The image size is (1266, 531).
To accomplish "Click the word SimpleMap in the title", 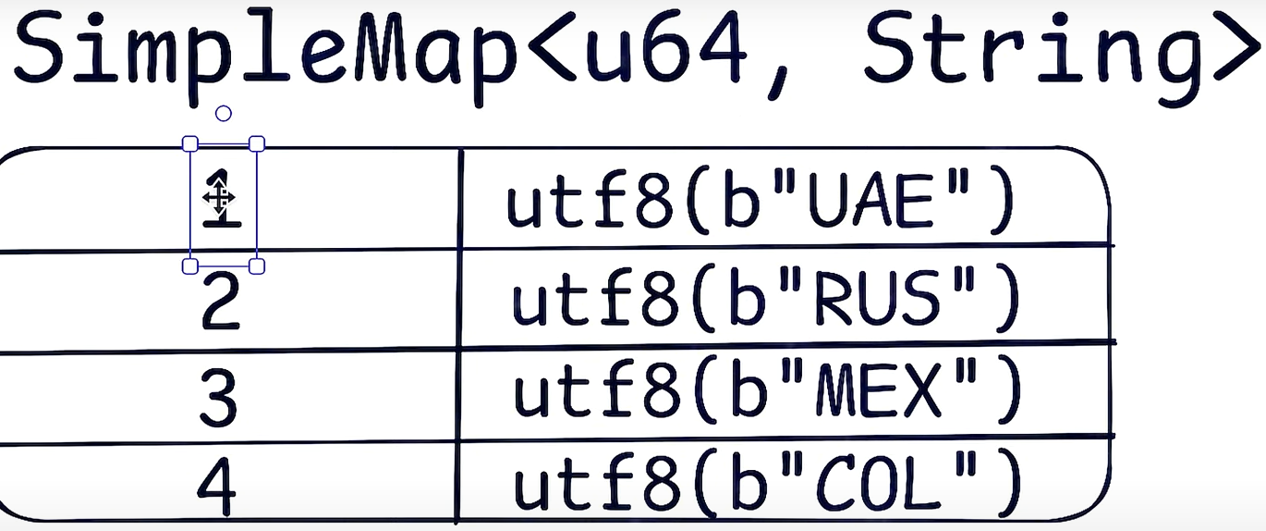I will point(263,48).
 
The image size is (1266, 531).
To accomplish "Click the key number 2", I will point(220,305).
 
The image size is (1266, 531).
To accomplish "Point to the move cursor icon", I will point(218,196).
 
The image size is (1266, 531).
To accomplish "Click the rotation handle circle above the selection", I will point(223,113).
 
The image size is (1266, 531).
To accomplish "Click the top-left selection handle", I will point(189,143).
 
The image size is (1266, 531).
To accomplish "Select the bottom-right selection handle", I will point(258,266).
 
